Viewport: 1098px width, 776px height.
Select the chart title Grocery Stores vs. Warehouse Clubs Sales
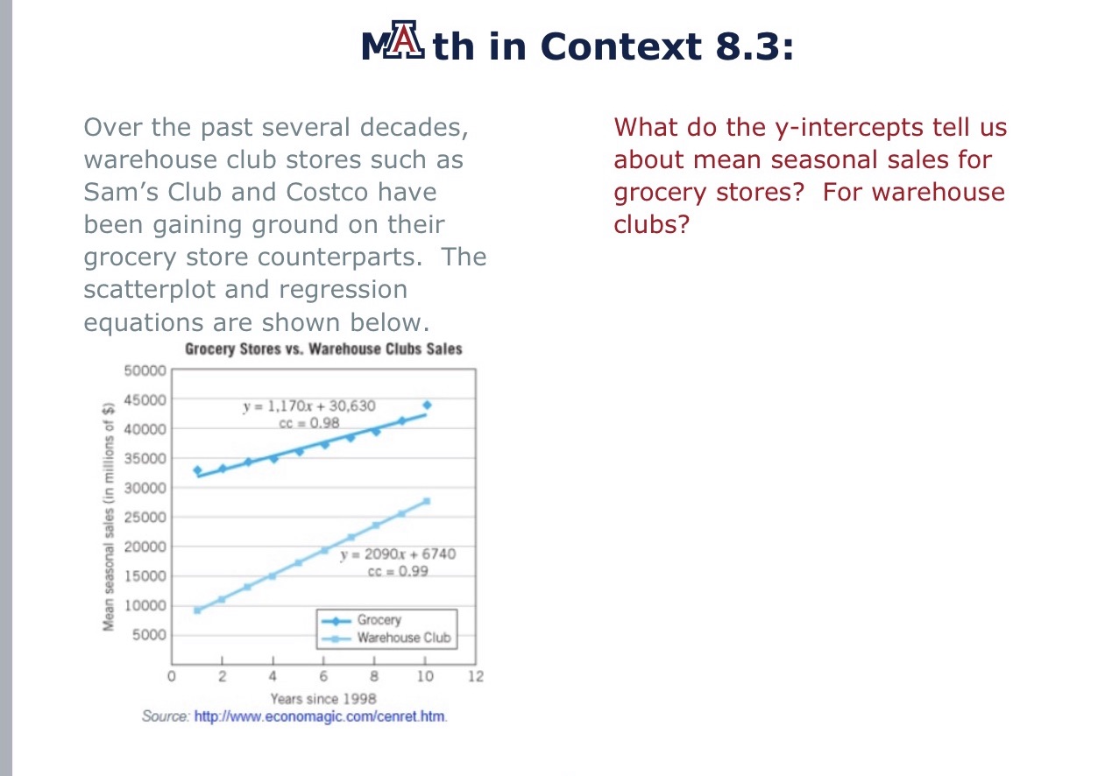[x=323, y=349]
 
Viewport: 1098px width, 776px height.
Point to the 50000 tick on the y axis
[x=146, y=370]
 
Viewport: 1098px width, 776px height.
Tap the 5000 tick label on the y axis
[x=150, y=635]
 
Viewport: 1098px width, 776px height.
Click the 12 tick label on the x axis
[x=476, y=676]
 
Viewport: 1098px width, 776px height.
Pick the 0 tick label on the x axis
[x=172, y=676]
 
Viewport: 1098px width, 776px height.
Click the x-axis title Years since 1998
[x=323, y=698]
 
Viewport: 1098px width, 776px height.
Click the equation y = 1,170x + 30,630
[x=308, y=406]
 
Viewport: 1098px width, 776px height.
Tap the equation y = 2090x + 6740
[x=398, y=554]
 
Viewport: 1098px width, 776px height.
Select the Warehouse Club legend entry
[x=402, y=637]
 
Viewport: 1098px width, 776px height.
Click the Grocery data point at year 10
[x=427, y=405]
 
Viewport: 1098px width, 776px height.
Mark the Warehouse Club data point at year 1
[x=197, y=610]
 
